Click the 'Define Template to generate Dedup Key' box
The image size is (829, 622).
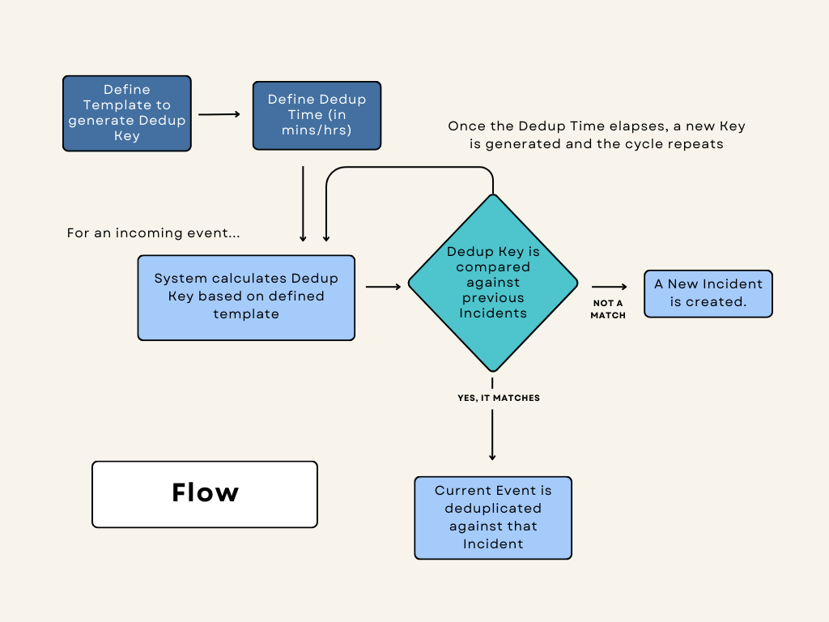pos(127,113)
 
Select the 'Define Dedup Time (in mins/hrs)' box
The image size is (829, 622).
pos(317,115)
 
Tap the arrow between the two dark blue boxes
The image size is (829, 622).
pos(219,114)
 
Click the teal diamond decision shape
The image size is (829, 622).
pos(492,283)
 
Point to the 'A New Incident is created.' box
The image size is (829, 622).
pos(708,293)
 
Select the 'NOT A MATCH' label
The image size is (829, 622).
pos(608,309)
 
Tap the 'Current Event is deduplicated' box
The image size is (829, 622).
pos(493,518)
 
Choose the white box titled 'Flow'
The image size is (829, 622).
pos(205,494)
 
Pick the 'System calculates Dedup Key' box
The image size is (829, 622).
pos(246,297)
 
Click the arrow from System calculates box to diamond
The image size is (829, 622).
pos(383,286)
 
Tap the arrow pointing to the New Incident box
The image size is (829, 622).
pos(609,287)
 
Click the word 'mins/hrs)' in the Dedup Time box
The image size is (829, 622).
pos(317,130)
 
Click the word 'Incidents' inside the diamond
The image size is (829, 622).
pos(493,313)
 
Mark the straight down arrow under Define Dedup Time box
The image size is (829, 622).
pos(303,203)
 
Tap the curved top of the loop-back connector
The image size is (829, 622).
pos(409,168)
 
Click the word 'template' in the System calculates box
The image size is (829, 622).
pos(246,313)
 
